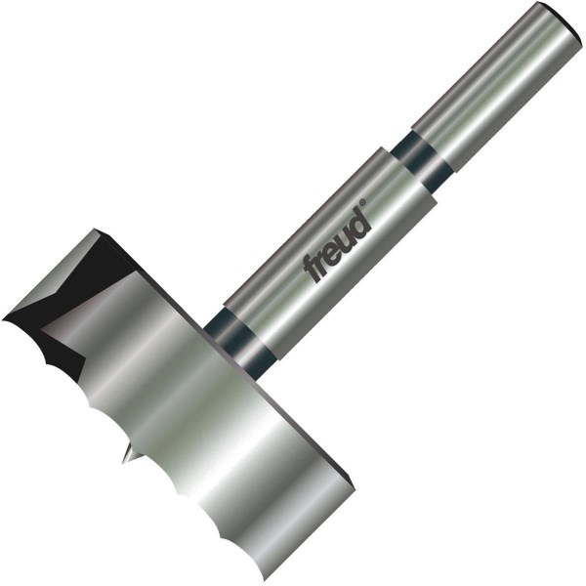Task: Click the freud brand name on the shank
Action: tap(337, 242)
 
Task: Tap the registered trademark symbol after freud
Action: tap(362, 202)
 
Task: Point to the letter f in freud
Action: tap(312, 270)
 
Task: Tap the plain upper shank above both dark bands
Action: tap(497, 86)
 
